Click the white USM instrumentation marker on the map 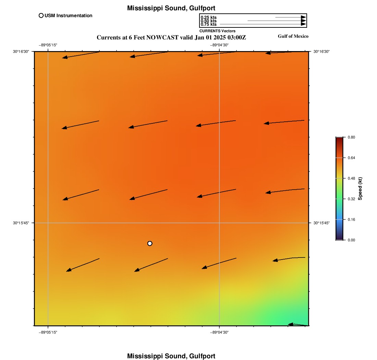(x=150, y=243)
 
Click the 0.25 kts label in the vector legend (x=208, y=17)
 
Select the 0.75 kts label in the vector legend (x=208, y=24)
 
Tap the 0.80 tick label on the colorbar (x=351, y=137)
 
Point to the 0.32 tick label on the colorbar (x=351, y=199)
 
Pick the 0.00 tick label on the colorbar (x=351, y=240)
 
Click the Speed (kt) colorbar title (x=360, y=189)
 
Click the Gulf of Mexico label (x=293, y=36)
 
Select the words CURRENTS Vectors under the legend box (x=217, y=31)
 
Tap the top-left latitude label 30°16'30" (x=21, y=51)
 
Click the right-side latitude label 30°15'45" (x=321, y=223)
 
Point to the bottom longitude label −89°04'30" (x=219, y=332)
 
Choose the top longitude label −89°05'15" (x=48, y=45)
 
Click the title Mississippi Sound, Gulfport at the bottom (x=171, y=356)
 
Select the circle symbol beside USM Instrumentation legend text (x=41, y=15)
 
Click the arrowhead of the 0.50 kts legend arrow (x=304, y=21)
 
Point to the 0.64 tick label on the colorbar (x=351, y=158)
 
